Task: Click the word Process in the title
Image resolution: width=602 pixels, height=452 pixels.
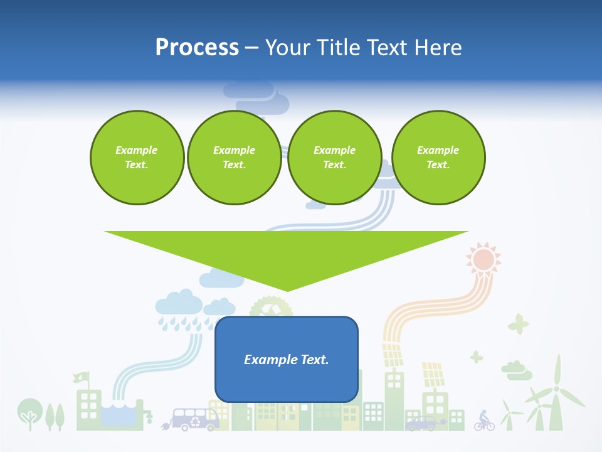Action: coord(197,48)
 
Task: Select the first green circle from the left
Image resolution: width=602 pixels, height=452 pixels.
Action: coord(137,157)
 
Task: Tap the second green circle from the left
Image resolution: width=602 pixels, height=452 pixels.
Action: coord(234,157)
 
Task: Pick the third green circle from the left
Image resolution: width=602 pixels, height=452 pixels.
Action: coord(334,157)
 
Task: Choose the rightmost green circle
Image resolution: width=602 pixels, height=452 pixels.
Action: coord(438,157)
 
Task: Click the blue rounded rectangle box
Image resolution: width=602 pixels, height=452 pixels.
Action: coord(286,359)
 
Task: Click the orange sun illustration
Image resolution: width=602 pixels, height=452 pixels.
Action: coord(483,259)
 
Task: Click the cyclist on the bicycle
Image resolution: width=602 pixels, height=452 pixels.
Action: coord(483,421)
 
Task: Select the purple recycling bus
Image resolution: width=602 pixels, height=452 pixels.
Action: coord(195,419)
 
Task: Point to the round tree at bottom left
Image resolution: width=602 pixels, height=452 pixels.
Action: coord(28,411)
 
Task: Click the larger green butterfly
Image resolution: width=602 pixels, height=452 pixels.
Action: coord(518,324)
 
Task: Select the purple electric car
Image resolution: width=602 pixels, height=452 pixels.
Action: coord(421,424)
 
